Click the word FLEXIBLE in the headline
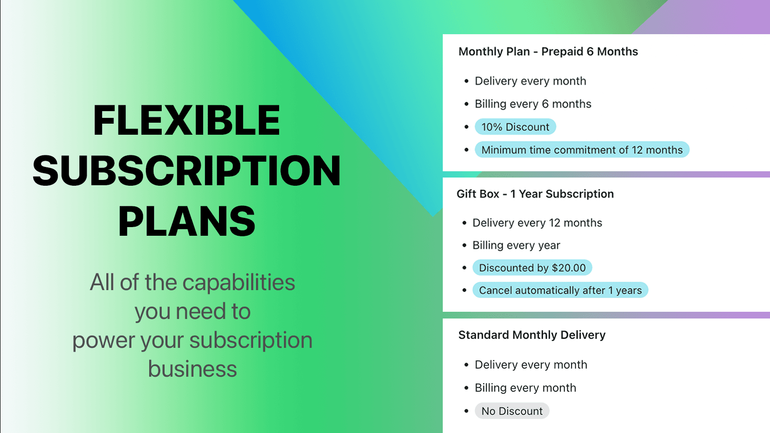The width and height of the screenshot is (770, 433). coord(187,120)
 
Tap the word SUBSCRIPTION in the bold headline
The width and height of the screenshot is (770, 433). coord(187,171)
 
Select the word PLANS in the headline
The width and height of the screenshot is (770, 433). coord(187,221)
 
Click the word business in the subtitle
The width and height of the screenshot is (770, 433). coord(192,369)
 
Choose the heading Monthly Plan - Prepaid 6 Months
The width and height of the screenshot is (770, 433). coord(548,51)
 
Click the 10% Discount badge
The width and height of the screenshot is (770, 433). coord(515,127)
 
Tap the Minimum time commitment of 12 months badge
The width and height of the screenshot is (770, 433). coord(582,150)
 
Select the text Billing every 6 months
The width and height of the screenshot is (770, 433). coord(533,104)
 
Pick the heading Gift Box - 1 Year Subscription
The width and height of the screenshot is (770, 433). coord(535,194)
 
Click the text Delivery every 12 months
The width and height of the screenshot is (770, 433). coord(537,223)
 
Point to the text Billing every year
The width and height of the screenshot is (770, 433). coord(516,245)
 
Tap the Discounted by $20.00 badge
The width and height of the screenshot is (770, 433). coord(532,268)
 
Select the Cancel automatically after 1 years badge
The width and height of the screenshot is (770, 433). coord(560,291)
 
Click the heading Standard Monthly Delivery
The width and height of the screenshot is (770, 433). coord(532,335)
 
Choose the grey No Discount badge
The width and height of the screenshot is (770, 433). coord(512,411)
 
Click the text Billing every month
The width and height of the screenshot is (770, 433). coord(526,388)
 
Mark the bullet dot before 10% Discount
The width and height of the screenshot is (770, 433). coord(466,127)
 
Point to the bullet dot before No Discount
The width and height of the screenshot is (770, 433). coord(466,411)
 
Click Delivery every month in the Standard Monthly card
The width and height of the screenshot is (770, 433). coord(531,365)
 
